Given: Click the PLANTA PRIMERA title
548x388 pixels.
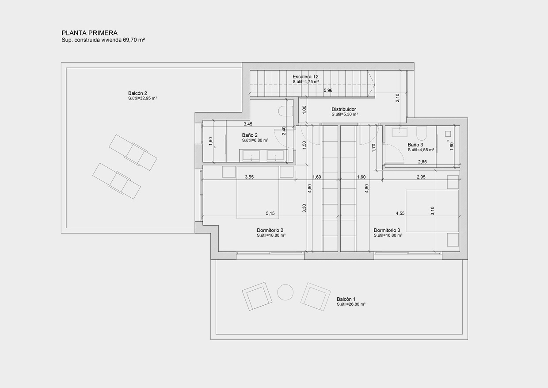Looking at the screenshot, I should pos(89,33).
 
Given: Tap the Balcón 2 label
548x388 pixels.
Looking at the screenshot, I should pos(137,93).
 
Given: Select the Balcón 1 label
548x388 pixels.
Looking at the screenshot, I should pos(346,299).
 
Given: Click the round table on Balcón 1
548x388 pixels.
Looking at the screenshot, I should pos(285,292).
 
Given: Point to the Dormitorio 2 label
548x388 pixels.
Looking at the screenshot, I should pos(270,230).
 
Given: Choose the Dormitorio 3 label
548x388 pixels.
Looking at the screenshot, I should pos(387,230).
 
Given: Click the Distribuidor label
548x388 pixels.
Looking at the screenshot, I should pos(344,109).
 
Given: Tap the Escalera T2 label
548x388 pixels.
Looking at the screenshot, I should pos(305,77).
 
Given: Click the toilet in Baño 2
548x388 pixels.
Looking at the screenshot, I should pos(286,111).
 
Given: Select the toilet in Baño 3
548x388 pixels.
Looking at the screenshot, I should pos(421,132).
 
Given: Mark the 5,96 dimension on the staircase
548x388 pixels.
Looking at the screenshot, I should pos(328,91).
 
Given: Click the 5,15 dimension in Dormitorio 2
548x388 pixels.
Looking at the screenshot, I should pos(270,213).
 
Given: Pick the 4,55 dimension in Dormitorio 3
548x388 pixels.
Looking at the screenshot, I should pos(400,213).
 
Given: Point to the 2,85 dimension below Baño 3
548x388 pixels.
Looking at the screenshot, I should pos(422,162).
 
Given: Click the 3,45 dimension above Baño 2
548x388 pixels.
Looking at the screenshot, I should pos(248,124).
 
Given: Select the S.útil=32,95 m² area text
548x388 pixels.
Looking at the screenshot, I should pos(142,98).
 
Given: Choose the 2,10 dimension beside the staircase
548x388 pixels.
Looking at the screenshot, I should pos(397,98).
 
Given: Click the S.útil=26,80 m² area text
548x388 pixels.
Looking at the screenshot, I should pos(350,304).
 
